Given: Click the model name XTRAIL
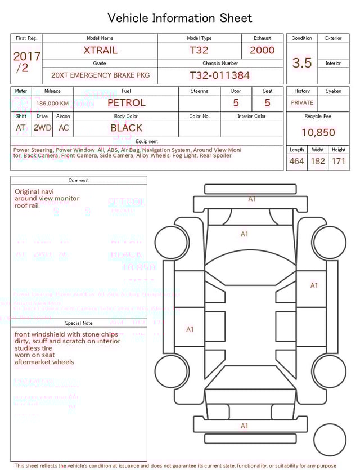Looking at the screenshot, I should pos(100,50).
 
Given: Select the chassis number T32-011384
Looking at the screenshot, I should pos(219,75).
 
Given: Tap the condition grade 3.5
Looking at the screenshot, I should pos(302,62).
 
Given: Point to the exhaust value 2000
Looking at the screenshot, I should pos(262,50).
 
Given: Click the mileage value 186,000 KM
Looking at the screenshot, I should pos(52,104).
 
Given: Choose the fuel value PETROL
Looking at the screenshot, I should pos(126,103).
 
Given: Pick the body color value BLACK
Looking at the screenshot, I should pos(127,128).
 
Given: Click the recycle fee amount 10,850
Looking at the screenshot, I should pos(318,132).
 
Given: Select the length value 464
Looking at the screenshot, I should pos(296,162).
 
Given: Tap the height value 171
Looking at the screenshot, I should pos(339,162).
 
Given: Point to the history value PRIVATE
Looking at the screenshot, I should pos(302,103).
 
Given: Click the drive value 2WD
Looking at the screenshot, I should pos(42,128).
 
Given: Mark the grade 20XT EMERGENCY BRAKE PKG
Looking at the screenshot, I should pos(101,75).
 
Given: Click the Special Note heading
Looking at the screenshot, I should pos(79,323).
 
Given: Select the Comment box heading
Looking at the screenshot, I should pos(79,181).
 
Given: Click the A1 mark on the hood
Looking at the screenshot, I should pos(244,234).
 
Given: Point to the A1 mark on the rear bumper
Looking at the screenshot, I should pos(244,426).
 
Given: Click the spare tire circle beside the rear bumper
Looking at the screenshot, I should pos(330,440).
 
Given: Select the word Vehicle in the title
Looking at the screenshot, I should pos(128,18).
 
